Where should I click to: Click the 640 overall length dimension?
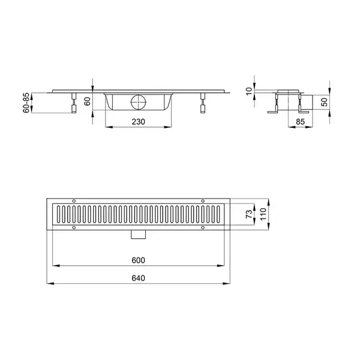click(138, 278)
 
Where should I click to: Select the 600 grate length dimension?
click(138, 260)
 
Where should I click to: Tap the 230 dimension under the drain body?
click(138, 122)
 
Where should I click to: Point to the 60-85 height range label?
click(26, 103)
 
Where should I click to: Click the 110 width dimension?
click(263, 214)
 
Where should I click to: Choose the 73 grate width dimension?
click(249, 214)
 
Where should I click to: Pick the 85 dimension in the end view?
click(300, 122)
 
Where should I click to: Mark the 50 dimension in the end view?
click(325, 102)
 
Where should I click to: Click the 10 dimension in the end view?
click(249, 91)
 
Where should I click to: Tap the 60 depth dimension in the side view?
click(87, 101)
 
